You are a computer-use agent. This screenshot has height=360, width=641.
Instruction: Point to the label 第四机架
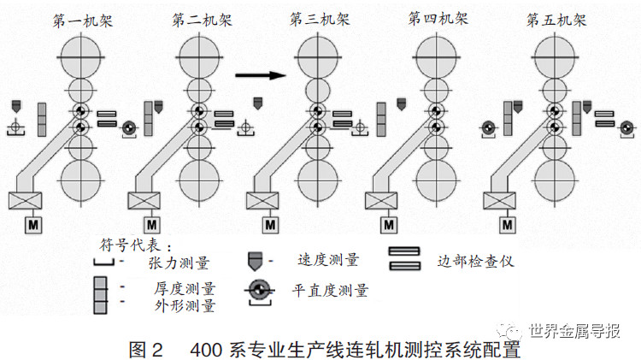(x=437, y=18)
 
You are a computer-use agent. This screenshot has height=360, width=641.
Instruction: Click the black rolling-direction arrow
(x=259, y=75)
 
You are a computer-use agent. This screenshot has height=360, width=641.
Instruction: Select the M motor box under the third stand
(x=269, y=224)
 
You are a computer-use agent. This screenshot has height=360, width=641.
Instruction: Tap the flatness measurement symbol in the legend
(x=258, y=290)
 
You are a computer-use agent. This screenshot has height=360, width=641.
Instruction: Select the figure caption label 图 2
(x=144, y=349)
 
